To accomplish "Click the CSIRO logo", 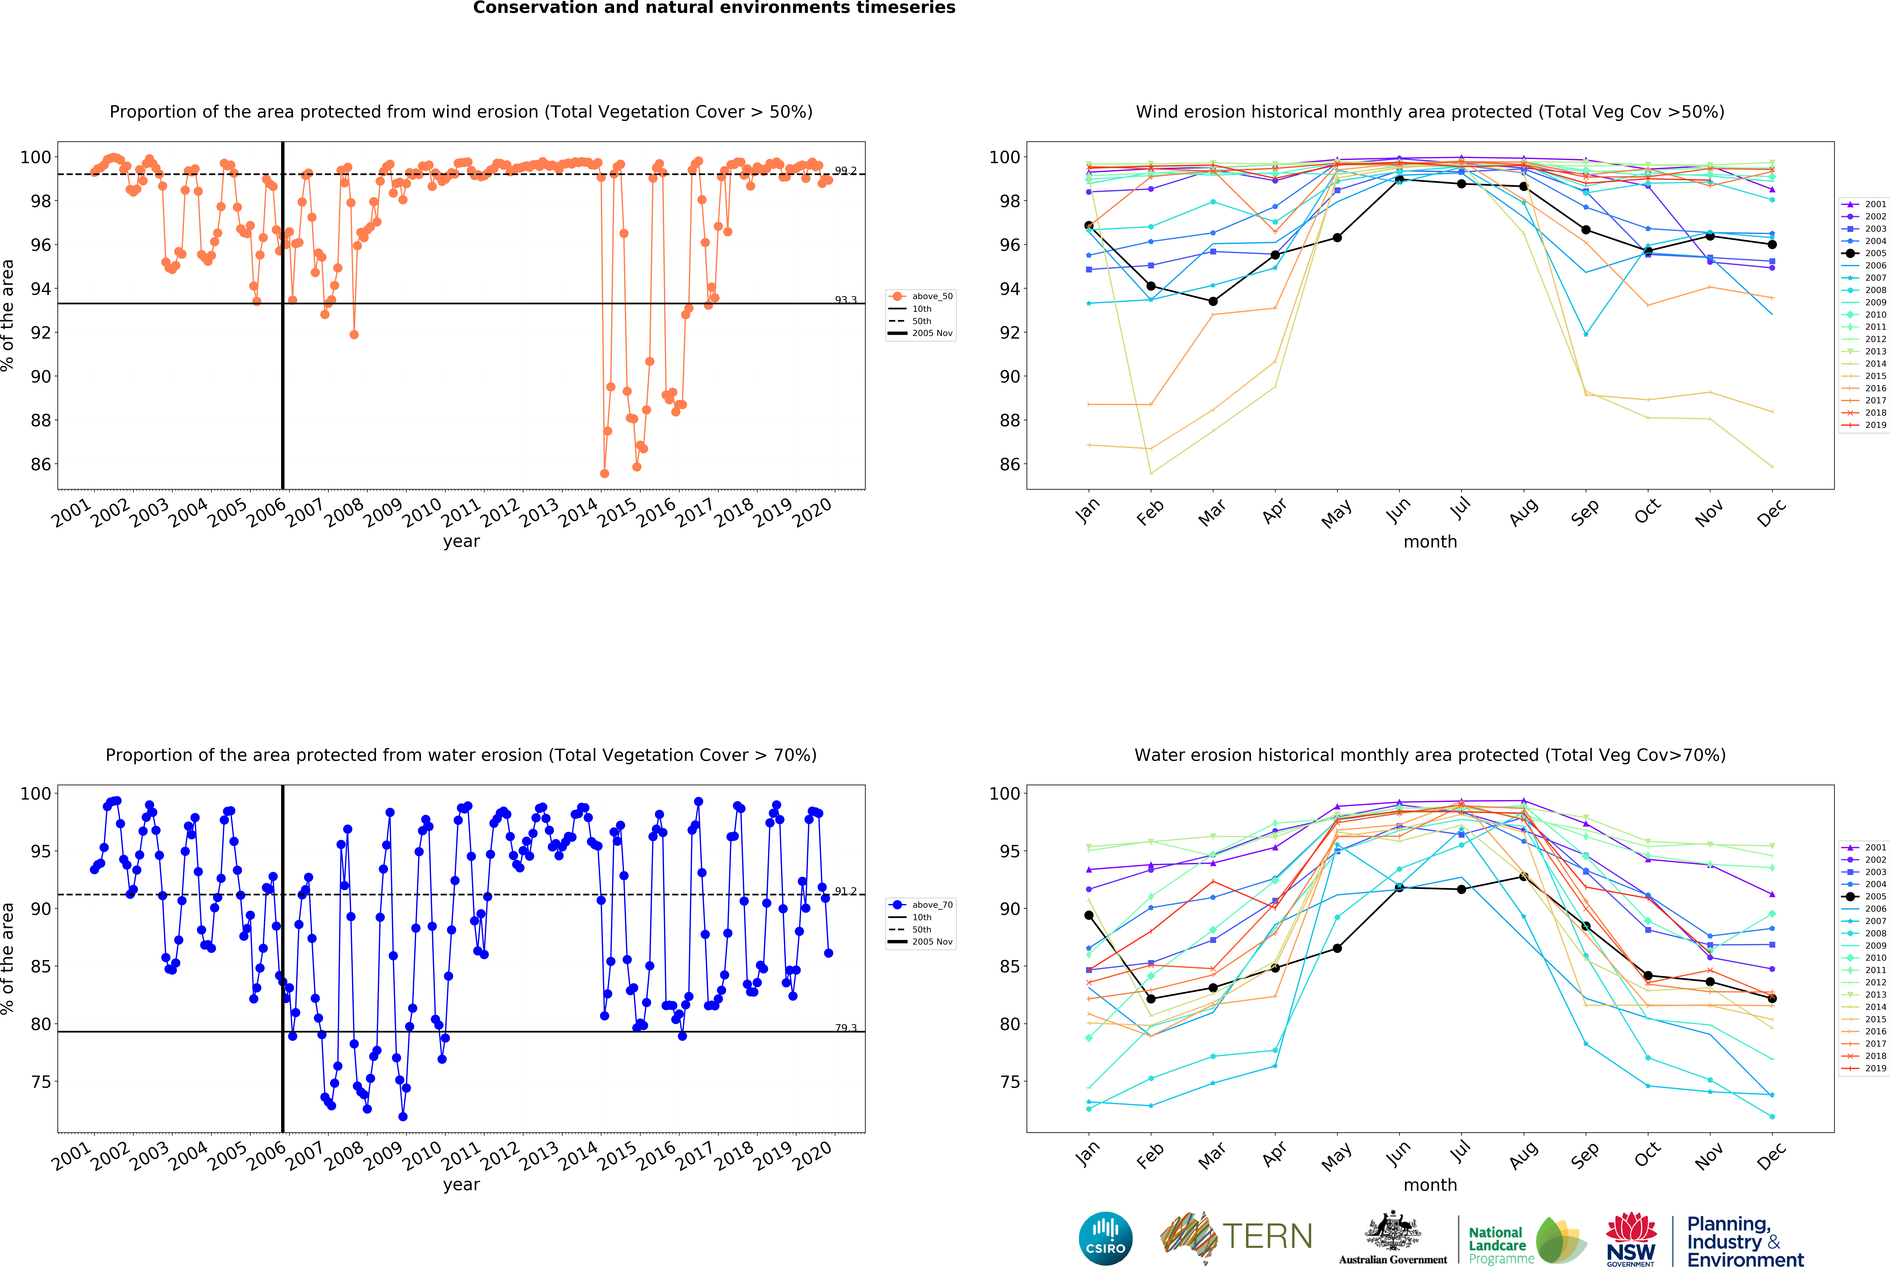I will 1105,1238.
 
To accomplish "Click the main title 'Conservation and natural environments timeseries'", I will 714,8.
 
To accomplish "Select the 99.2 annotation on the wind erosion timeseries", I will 846,171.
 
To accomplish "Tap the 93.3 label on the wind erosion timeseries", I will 846,300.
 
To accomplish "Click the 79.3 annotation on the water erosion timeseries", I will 846,1028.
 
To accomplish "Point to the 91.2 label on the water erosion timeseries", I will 846,891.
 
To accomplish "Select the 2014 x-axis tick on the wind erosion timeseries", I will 578,512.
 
